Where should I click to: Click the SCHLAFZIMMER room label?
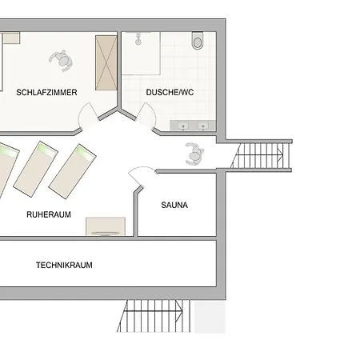coord(46,92)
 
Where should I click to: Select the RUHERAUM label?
coord(50,214)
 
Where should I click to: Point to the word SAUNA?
coord(174,205)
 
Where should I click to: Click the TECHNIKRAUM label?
coord(64,265)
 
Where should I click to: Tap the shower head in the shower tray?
coord(138,37)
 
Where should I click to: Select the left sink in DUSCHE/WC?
coord(185,126)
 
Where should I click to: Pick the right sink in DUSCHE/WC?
coord(204,126)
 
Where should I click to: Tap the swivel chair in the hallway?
coord(194,152)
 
